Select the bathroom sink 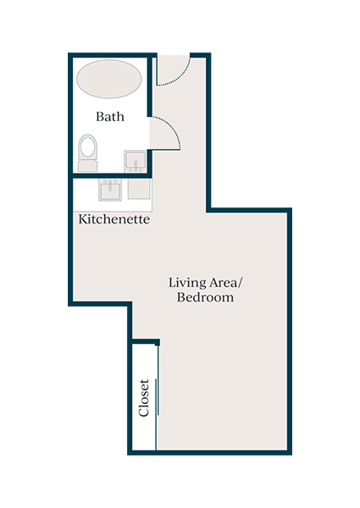(x=135, y=161)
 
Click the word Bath (x=110, y=116)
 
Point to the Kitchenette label (x=114, y=219)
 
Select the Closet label (x=144, y=398)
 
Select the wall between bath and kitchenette (x=110, y=176)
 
